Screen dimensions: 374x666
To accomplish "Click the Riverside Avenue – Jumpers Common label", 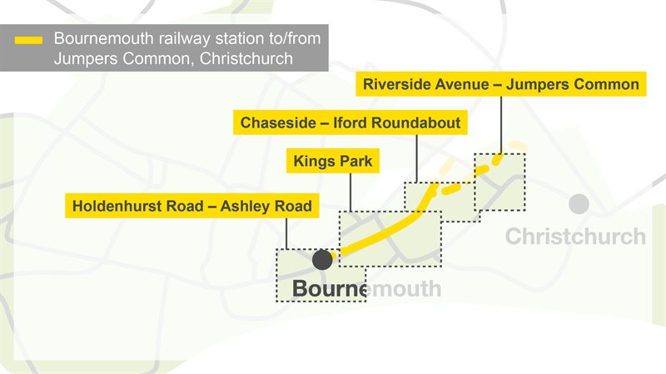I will click(x=501, y=84).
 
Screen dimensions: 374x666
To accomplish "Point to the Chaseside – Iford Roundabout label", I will click(x=350, y=123).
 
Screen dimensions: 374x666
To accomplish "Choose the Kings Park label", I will click(x=332, y=161).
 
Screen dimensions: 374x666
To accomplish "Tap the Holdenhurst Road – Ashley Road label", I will click(x=192, y=206).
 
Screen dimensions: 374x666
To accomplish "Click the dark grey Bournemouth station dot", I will click(x=322, y=259).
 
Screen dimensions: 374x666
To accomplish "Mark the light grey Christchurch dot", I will click(x=579, y=203).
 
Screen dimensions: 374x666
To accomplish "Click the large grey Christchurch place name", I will click(x=575, y=236).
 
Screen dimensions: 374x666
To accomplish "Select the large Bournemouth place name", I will click(x=366, y=289).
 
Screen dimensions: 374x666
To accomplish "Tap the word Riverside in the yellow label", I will click(x=399, y=84).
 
